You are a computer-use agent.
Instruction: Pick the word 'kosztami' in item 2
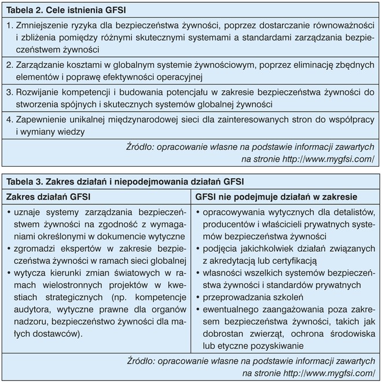[85, 65]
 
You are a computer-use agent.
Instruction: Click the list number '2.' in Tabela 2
[10, 65]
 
